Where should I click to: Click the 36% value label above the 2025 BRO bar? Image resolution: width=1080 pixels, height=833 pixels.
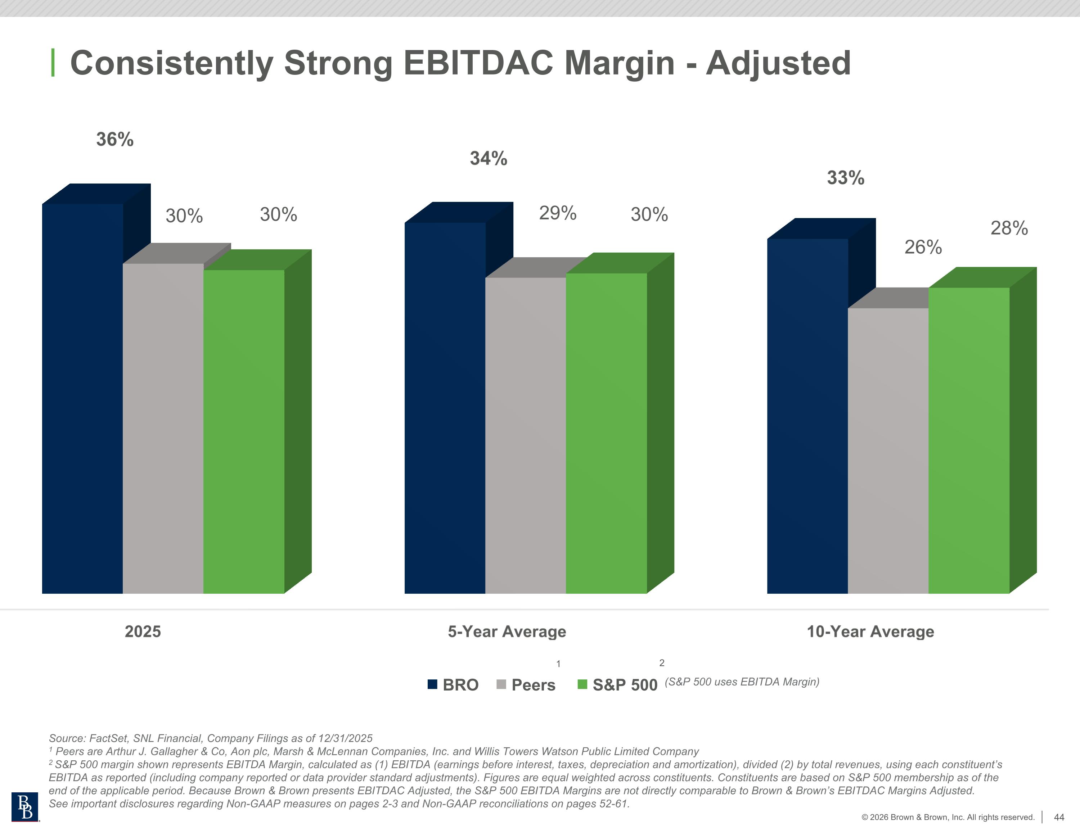coord(115,139)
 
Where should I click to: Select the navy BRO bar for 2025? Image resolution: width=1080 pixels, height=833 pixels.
coord(82,395)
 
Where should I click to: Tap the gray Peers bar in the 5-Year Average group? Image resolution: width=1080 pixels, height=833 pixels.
coord(525,435)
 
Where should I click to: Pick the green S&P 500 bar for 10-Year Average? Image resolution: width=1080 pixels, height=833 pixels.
coord(968,440)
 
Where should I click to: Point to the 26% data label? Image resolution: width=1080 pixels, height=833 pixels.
coord(923,247)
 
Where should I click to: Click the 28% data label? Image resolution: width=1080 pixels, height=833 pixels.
coord(1009,228)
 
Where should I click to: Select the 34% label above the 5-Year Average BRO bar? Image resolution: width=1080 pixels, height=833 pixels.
coord(488,159)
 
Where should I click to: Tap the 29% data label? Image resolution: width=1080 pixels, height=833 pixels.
coord(557,213)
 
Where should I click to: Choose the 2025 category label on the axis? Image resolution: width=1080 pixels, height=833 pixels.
coord(143,631)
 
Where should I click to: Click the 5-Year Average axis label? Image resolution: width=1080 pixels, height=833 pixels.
coord(507,631)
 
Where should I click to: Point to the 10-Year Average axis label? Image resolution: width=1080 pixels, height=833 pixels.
coord(870,631)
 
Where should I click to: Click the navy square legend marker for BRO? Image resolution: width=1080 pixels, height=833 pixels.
coord(432,684)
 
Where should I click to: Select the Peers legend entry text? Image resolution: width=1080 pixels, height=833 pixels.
coord(533,685)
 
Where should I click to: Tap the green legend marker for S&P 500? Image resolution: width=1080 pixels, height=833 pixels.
coord(582,684)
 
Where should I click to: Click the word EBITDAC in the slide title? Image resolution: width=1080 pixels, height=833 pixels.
coord(478,63)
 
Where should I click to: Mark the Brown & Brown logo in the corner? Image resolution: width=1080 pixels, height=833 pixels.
coord(25,807)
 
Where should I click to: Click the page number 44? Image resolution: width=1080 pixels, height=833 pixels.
coord(1059,817)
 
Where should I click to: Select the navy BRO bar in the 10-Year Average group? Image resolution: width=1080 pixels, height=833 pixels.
coord(807,415)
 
